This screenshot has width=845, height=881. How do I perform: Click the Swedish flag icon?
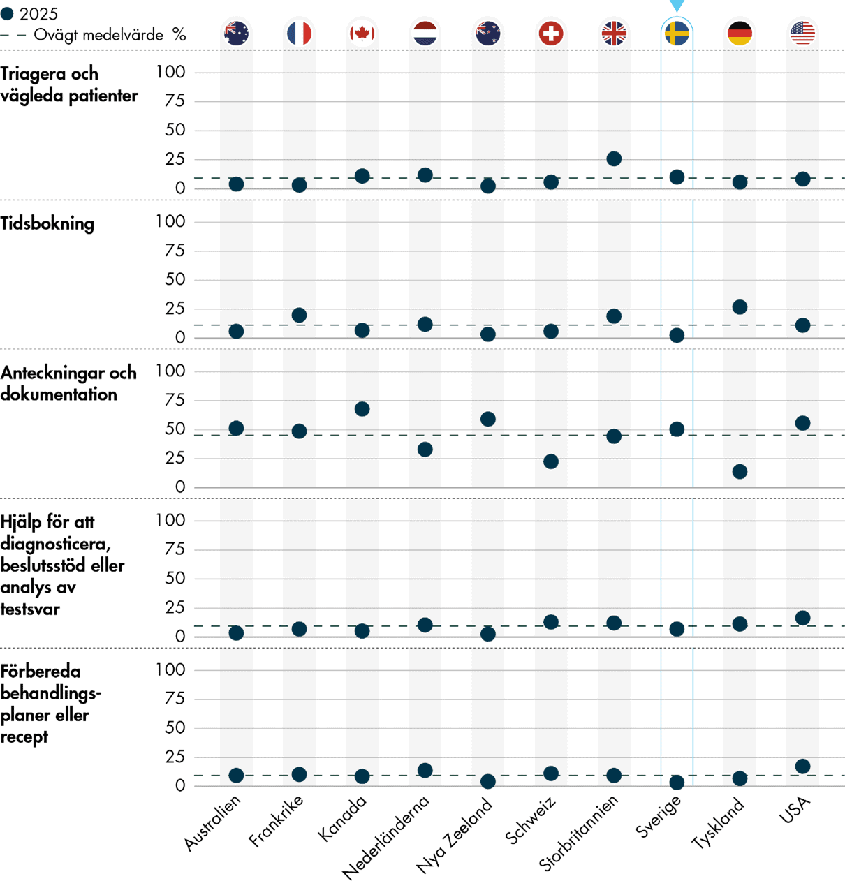[x=677, y=33]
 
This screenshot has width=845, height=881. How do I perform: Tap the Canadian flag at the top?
[x=362, y=33]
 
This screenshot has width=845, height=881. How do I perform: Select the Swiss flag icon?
[x=551, y=33]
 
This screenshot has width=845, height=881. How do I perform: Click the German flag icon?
[x=740, y=33]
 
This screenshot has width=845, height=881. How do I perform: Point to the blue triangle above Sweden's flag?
[x=677, y=6]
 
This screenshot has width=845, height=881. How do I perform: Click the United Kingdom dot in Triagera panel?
[x=614, y=158]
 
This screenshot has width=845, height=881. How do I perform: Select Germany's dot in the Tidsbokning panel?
[x=740, y=307]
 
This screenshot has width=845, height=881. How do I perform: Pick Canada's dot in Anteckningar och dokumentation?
[x=362, y=409]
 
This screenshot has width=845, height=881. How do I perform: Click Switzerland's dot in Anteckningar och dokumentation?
[x=551, y=461]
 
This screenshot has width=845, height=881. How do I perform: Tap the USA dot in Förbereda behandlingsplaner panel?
[x=802, y=767]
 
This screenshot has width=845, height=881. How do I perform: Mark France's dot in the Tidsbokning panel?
[x=299, y=316]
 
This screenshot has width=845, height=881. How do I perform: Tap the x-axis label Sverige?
[x=658, y=817]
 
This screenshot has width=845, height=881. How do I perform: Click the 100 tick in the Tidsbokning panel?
[x=170, y=221]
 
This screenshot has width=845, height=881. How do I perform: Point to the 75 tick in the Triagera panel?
[x=175, y=101]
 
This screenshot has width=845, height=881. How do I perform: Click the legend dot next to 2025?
[x=8, y=14]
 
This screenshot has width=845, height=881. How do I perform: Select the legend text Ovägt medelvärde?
[x=98, y=35]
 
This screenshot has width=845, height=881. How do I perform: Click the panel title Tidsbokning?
[x=47, y=223]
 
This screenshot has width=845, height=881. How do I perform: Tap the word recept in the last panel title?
[x=24, y=737]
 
